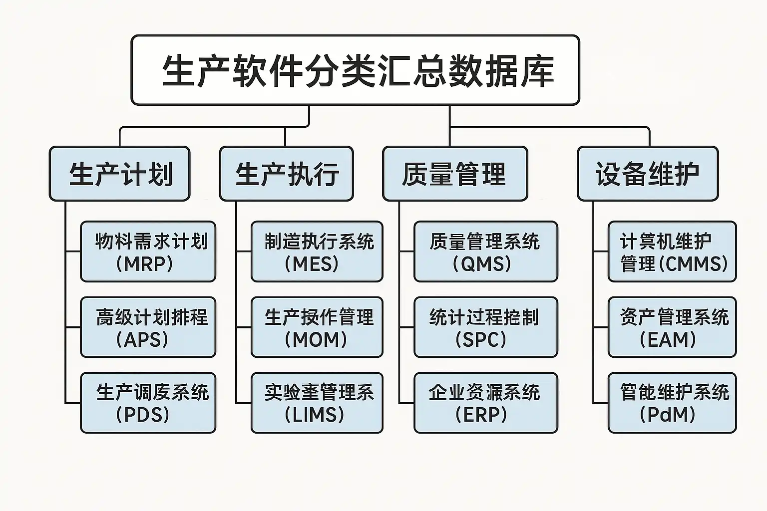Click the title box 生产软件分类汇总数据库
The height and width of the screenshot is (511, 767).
click(355, 70)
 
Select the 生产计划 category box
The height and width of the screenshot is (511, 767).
click(119, 174)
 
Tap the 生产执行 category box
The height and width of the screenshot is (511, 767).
click(286, 174)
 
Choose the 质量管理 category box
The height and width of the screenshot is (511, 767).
click(455, 174)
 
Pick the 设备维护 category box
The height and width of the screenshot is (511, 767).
click(647, 174)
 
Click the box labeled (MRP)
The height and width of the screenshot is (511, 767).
click(148, 252)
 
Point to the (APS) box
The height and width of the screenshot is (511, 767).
click(148, 327)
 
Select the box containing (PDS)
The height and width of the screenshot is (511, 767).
click(148, 403)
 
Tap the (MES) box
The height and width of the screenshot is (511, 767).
click(317, 252)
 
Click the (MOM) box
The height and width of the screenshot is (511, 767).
click(317, 327)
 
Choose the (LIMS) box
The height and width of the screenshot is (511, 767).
click(317, 403)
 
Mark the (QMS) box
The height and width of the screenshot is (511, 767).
click(485, 252)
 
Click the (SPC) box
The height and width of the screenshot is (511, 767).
click(485, 327)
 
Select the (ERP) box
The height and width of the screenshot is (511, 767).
click(485, 403)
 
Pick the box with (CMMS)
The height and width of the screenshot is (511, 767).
click(672, 252)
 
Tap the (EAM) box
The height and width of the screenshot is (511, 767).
click(672, 327)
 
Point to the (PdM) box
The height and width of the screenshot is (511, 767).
click(672, 403)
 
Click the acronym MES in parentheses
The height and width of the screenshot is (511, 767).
click(315, 263)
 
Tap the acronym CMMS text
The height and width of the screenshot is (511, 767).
click(695, 263)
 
